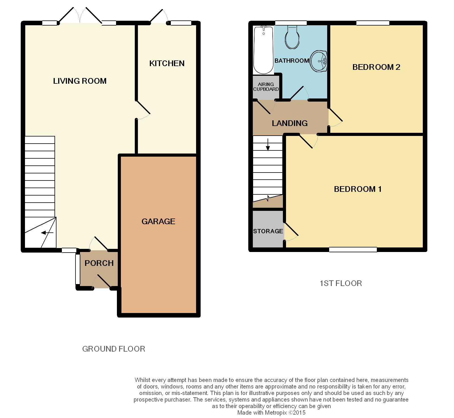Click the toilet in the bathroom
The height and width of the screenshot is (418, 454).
coord(292,37)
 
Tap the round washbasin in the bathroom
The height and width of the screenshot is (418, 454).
coord(319,61)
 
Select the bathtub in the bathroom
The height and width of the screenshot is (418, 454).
coord(264,50)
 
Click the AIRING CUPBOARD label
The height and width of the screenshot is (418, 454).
coord(266,87)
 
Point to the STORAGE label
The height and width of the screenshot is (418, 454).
coord(268,231)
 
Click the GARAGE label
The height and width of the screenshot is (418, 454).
coord(158,221)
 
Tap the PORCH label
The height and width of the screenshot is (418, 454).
coord(99,263)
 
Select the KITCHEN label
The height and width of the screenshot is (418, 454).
coord(167,63)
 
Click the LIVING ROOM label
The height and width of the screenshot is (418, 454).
coord(80,81)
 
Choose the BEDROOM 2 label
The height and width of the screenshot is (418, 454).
coord(376,67)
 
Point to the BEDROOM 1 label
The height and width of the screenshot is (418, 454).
coord(358,189)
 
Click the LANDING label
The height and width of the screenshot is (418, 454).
coord(290,123)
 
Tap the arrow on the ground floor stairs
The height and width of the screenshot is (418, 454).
coord(47,233)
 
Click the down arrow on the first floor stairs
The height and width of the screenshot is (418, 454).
coord(268,144)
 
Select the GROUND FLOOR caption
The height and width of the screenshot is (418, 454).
coord(113,349)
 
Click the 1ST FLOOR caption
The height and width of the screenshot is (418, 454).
coord(341,283)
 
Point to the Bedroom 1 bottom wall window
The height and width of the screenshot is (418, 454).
coord(353,249)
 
